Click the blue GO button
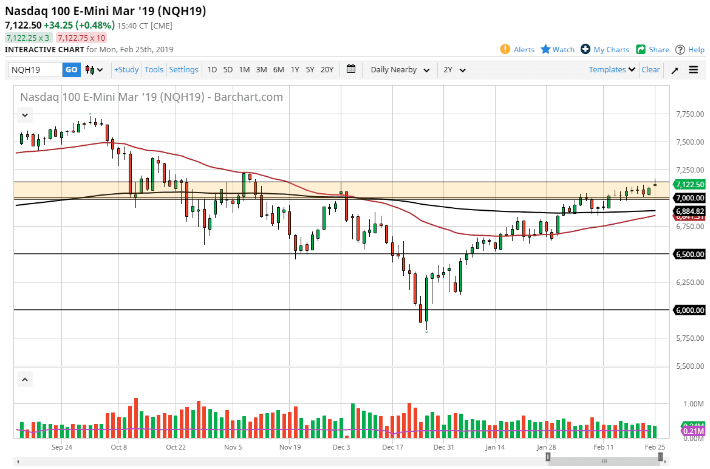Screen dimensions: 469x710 [71, 70]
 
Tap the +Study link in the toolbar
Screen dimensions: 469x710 [126, 70]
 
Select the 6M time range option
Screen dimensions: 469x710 [278, 70]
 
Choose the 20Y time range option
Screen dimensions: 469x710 [327, 70]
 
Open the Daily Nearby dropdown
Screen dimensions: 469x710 [400, 70]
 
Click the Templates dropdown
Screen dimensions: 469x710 [612, 70]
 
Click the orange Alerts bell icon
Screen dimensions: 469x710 [505, 49]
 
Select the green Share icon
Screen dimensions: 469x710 [641, 49]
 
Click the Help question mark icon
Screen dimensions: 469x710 [680, 49]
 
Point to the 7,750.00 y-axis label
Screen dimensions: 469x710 [689, 114]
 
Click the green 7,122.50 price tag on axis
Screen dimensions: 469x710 [689, 185]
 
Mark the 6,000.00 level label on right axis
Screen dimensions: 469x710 [689, 310]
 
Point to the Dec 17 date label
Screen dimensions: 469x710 [393, 447]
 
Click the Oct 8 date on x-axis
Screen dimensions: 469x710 [119, 447]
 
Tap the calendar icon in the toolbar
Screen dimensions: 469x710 [351, 69]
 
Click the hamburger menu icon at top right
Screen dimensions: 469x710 [694, 70]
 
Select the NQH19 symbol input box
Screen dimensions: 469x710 [35, 70]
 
